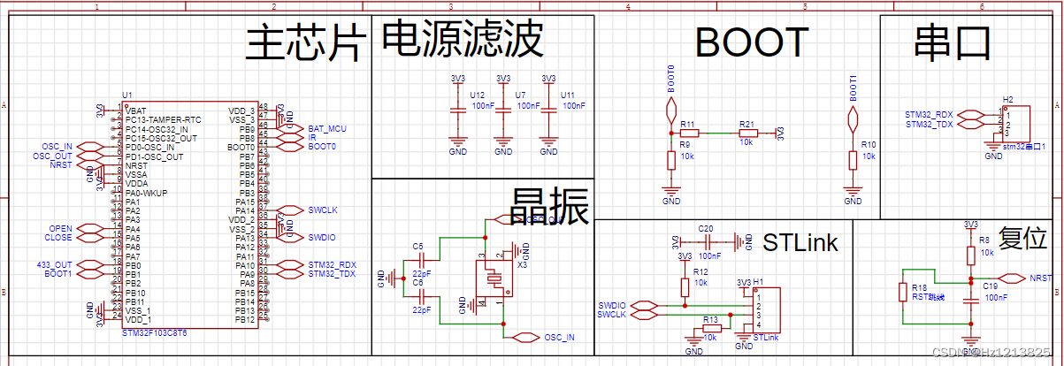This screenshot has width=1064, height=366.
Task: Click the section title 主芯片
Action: tap(305, 43)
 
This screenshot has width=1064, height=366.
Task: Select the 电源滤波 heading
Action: tap(462, 39)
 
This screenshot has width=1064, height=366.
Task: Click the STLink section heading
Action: tap(800, 241)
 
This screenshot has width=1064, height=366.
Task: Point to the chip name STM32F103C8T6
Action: tap(154, 334)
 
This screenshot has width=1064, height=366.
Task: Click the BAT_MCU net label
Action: tap(327, 129)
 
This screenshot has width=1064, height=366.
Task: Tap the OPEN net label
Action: tap(61, 229)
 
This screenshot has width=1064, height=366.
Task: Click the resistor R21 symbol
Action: tap(746, 133)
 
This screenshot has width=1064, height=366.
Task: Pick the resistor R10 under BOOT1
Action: tap(853, 160)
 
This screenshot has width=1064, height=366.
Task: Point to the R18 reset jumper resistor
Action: tap(903, 293)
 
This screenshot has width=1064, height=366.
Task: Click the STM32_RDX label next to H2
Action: tap(929, 115)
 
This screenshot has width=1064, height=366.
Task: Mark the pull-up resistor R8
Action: tap(970, 255)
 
